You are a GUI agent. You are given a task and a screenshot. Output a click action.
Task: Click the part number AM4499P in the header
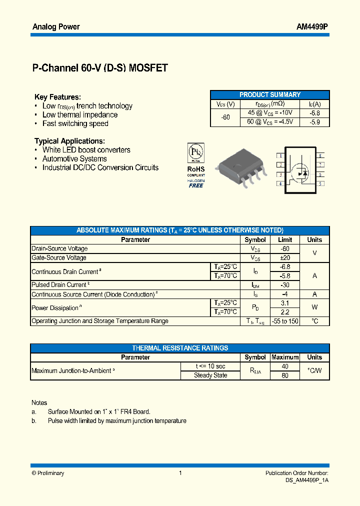click(x=312, y=26)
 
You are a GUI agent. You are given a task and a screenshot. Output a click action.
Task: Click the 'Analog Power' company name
click(x=56, y=26)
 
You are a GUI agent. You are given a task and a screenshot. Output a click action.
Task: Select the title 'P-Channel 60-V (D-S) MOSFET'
click(x=100, y=68)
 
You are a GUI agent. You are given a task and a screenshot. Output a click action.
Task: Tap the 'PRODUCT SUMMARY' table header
click(x=270, y=94)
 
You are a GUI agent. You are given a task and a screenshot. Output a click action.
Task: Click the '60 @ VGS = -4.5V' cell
click(x=270, y=121)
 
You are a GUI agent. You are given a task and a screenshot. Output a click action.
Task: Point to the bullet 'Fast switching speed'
click(x=75, y=123)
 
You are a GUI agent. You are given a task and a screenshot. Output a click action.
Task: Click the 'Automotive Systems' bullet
click(x=74, y=158)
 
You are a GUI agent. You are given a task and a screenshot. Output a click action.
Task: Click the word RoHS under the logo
click(x=196, y=169)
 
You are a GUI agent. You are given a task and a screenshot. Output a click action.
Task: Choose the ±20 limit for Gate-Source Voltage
click(x=285, y=257)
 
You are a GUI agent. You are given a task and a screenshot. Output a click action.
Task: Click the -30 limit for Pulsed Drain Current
click(x=285, y=284)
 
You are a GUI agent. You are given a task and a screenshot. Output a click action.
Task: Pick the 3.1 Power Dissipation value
click(x=285, y=303)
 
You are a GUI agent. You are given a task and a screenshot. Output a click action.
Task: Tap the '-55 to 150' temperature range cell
click(x=285, y=321)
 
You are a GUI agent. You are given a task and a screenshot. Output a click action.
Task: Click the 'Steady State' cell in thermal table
click(x=210, y=375)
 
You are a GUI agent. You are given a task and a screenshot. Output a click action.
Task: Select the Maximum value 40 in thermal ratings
click(x=285, y=366)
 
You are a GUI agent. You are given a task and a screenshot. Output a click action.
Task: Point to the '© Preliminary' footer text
click(x=48, y=473)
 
